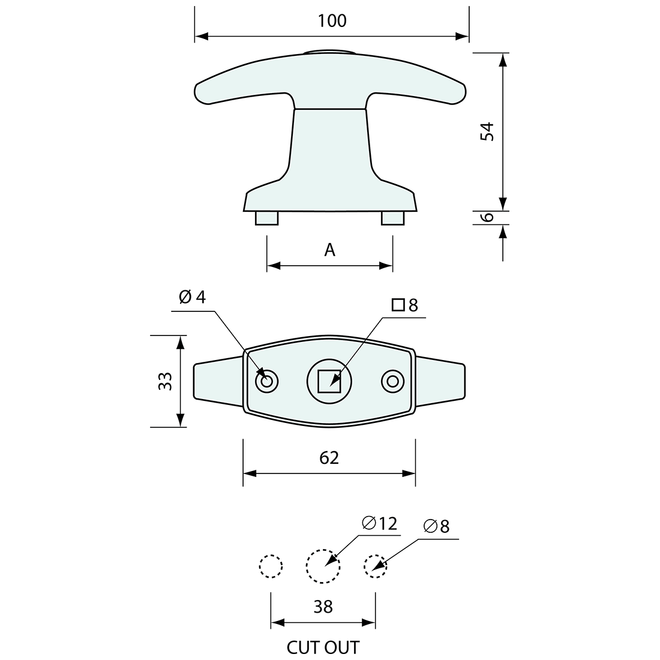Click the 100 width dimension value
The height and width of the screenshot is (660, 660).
point(332,21)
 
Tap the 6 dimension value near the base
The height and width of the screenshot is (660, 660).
point(488,217)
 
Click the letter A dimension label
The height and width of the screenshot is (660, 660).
point(329,250)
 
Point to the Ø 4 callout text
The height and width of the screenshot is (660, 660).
point(192,297)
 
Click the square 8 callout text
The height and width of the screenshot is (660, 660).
point(405,305)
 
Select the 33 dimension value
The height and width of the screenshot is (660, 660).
point(166,381)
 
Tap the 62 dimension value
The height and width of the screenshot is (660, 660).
point(329,458)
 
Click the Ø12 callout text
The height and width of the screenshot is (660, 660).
point(380,523)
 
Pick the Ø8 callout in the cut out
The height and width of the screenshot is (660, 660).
point(436,526)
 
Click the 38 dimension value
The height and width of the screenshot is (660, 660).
point(323,607)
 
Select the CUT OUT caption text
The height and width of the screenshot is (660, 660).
point(323,648)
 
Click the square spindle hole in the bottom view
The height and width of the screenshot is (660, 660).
point(328,381)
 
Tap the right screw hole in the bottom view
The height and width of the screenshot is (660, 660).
point(392,381)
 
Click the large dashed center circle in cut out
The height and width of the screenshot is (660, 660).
point(323,566)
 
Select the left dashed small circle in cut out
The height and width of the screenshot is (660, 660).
point(271,566)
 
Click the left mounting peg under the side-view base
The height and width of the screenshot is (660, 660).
point(266,218)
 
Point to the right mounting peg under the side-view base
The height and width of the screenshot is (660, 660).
point(393,218)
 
